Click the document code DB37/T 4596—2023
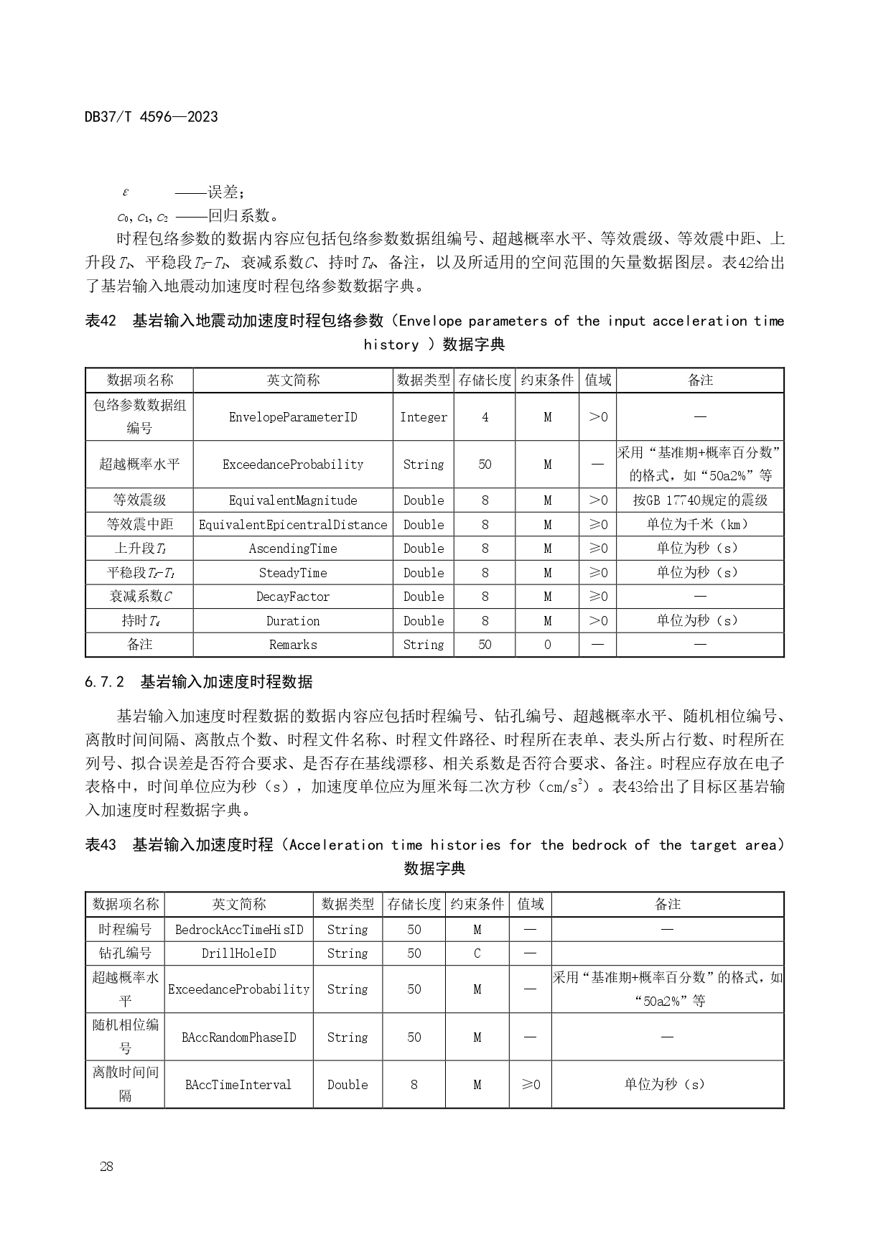(x=151, y=116)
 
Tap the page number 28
(x=106, y=1166)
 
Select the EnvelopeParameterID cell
(x=293, y=417)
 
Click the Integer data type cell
(x=424, y=417)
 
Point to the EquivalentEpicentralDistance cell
(x=293, y=525)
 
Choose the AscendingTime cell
(x=293, y=549)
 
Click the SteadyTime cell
(x=293, y=573)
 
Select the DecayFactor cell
(x=293, y=597)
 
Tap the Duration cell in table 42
(x=293, y=621)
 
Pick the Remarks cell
(x=293, y=645)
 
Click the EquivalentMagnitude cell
(x=293, y=500)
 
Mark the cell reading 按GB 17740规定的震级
(x=700, y=500)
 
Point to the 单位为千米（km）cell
(x=700, y=525)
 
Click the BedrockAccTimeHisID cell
(x=239, y=930)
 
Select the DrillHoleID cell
(x=239, y=953)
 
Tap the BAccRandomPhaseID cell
(x=239, y=1037)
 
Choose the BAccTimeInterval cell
(x=239, y=1085)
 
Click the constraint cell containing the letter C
(x=477, y=953)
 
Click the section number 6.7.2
(x=105, y=682)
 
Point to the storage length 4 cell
(x=485, y=417)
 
